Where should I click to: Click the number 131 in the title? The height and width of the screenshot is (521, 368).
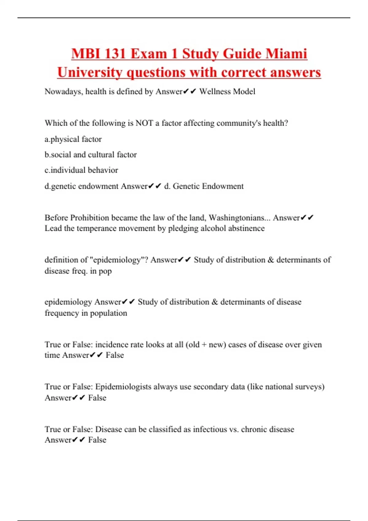point(114,54)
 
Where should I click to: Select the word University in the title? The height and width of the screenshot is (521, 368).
point(90,73)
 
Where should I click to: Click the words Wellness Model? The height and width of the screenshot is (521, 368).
point(227,91)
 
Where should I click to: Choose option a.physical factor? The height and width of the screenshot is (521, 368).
point(73,139)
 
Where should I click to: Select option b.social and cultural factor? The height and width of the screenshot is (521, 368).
point(90,154)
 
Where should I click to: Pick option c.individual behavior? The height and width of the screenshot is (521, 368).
point(81,170)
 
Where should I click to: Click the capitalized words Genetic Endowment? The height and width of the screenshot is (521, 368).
point(208,186)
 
